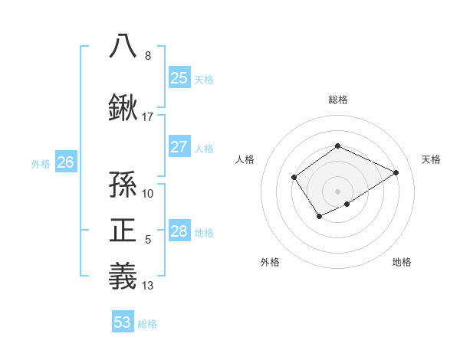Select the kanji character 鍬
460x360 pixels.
tap(123, 108)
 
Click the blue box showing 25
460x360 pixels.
tap(179, 77)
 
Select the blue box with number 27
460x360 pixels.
tap(179, 147)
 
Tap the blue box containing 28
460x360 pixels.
tap(179, 231)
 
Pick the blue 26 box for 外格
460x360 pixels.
tap(66, 162)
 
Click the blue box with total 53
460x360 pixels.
tap(123, 322)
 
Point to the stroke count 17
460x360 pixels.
tap(148, 117)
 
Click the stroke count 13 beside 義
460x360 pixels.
tap(148, 286)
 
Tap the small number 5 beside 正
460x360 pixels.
tap(148, 240)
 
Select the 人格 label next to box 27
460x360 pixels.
tap(204, 149)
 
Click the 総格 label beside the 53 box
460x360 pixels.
tap(147, 324)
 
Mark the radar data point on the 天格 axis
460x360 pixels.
tap(396, 172)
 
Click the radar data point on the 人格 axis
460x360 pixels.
tap(294, 178)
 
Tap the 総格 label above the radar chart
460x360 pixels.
tap(337, 100)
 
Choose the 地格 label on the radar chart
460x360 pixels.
tap(402, 262)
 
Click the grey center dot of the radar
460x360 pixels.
tap(337, 191)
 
